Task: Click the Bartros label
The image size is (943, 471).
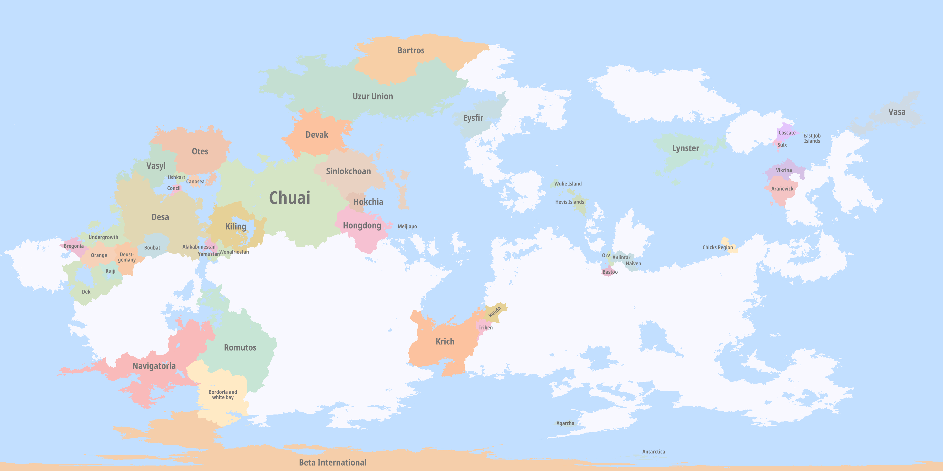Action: coord(411,51)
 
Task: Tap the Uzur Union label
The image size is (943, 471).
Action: coord(373,97)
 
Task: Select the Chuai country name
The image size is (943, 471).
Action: coord(289,198)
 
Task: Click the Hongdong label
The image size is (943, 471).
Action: coord(362,226)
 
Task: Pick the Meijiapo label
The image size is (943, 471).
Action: coord(407,227)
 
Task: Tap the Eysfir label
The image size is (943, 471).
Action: coord(473,118)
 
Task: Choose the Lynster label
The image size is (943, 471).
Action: coord(685,148)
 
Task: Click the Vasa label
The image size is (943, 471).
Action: coord(897,112)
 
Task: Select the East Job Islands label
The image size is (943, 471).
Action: coord(812,138)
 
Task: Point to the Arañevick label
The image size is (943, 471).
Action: coord(782,189)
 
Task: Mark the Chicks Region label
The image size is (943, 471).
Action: coord(717,248)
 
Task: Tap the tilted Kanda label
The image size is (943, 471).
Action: coord(495,312)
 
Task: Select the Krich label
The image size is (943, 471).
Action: coord(445,341)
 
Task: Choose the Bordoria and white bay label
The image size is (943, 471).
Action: coord(223,395)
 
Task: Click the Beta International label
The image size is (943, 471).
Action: coord(332,463)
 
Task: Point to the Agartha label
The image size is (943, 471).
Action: coord(565,423)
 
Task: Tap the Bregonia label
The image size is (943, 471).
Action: coord(74,246)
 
